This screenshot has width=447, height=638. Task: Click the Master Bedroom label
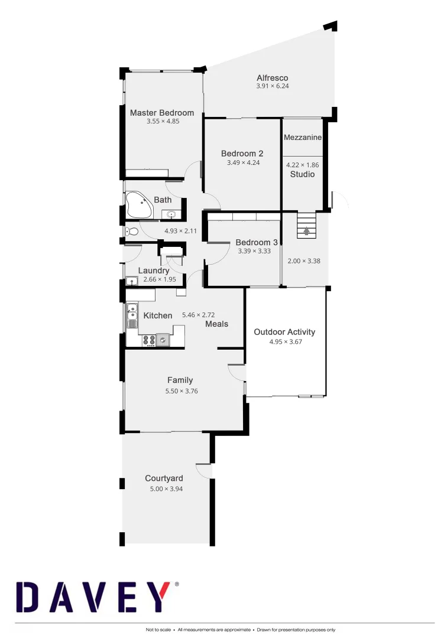pyautogui.click(x=162, y=113)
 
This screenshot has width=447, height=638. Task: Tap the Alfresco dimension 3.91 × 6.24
pyautogui.click(x=272, y=86)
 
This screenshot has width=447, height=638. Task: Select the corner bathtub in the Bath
pyautogui.click(x=139, y=204)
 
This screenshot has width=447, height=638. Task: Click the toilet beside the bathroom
pyautogui.click(x=132, y=232)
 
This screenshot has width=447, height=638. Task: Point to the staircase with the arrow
pyautogui.click(x=306, y=225)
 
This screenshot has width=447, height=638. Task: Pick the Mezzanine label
pyautogui.click(x=302, y=138)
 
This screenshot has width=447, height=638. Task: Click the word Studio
pyautogui.click(x=302, y=175)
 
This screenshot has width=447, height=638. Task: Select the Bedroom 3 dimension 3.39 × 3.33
pyautogui.click(x=254, y=251)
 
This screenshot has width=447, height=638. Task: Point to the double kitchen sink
pyautogui.click(x=132, y=315)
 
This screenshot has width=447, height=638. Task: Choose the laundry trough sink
pyautogui.click(x=132, y=281)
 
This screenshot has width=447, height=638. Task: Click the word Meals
pyautogui.click(x=216, y=324)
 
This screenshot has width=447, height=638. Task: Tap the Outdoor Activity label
pyautogui.click(x=284, y=332)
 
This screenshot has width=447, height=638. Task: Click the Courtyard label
pyautogui.click(x=164, y=479)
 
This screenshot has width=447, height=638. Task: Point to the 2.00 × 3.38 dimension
pyautogui.click(x=304, y=261)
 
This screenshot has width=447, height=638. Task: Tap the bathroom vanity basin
pyautogui.click(x=171, y=214)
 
